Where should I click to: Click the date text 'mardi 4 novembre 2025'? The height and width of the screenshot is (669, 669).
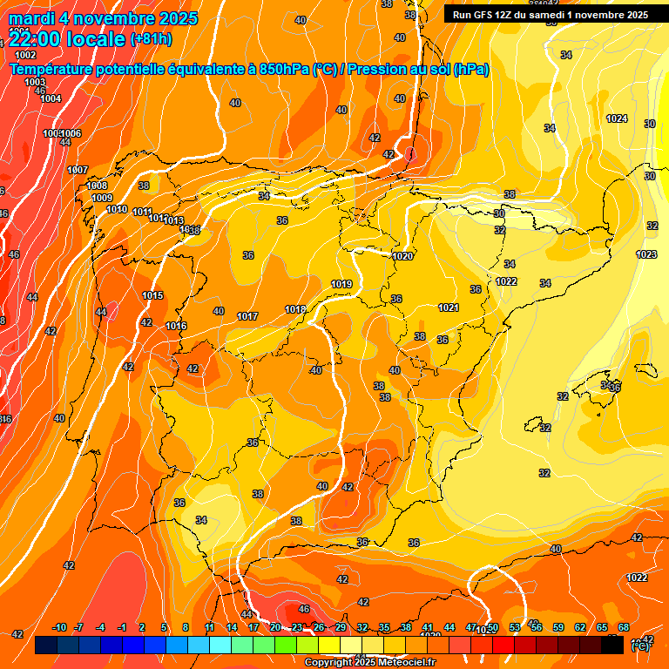coord(103,18)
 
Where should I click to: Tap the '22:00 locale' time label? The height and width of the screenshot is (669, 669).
coord(66,38)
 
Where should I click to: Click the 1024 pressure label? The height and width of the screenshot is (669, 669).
coord(617,118)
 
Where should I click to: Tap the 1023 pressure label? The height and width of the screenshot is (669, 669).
coord(646,254)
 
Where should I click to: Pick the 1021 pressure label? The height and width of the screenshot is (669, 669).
coord(449,307)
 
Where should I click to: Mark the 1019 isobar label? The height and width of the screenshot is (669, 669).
coord(341,285)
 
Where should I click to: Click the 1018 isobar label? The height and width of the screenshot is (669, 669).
coord(295,309)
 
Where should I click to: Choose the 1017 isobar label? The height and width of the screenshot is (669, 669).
coord(247,316)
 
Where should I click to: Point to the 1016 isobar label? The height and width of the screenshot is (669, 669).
coord(176,326)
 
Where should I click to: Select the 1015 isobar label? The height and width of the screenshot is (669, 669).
coord(152,295)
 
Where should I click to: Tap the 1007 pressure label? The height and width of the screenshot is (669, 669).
coord(78,170)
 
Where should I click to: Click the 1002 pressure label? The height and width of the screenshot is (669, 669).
coord(26,55)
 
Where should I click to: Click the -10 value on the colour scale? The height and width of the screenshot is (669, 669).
coord(60,627)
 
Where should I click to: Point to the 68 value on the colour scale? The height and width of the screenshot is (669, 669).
coord(624,627)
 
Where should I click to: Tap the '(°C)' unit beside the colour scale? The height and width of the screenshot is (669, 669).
coord(639,646)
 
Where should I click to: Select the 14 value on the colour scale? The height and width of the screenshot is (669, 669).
coord(233,627)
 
